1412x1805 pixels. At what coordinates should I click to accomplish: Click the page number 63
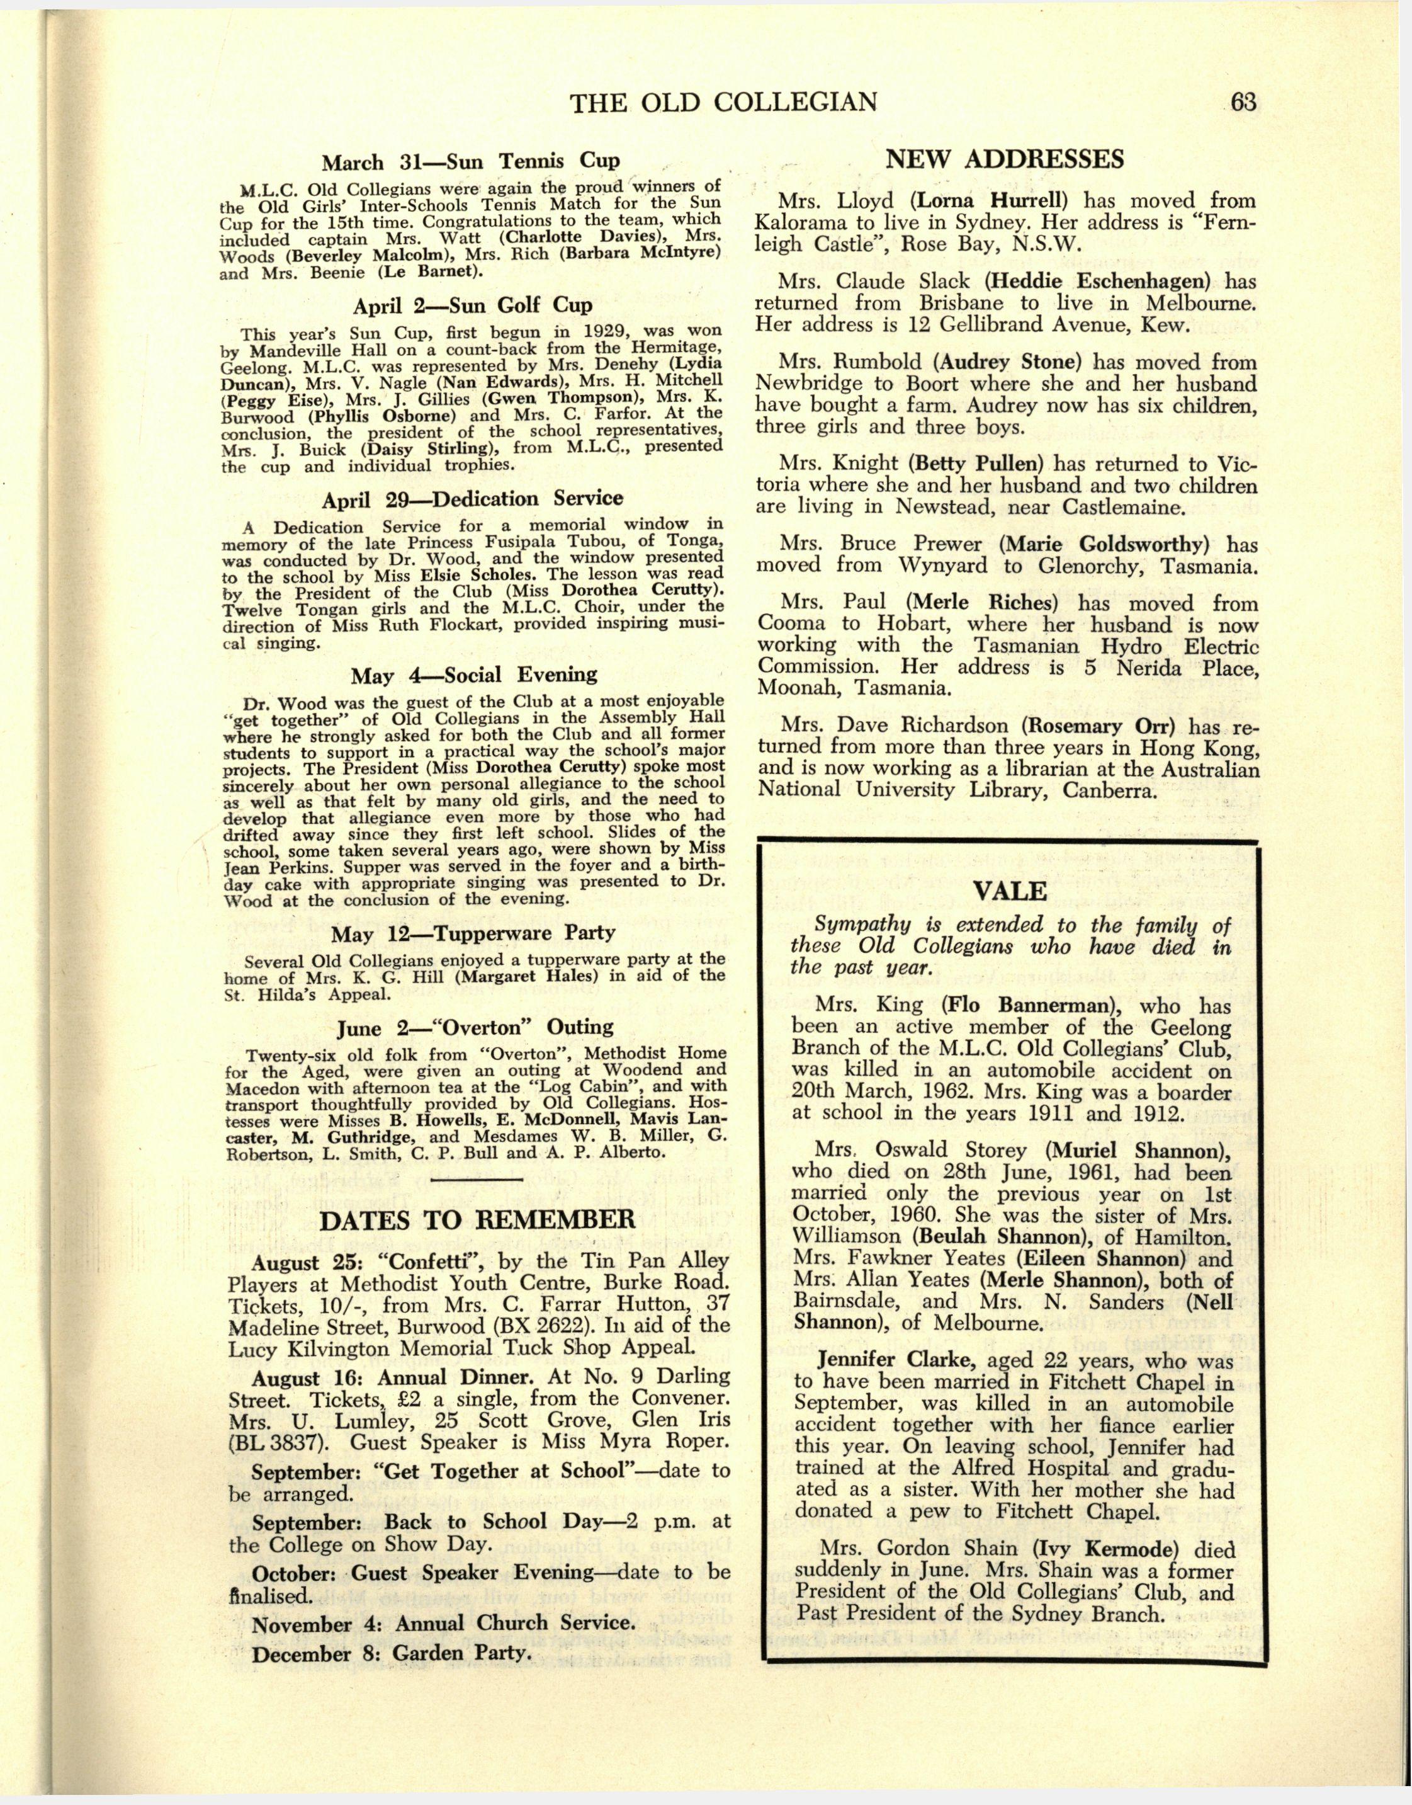(1243, 103)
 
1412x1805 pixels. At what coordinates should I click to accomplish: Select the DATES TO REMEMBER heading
(477, 1219)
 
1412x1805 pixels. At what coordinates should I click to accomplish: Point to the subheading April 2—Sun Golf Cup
(472, 306)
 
